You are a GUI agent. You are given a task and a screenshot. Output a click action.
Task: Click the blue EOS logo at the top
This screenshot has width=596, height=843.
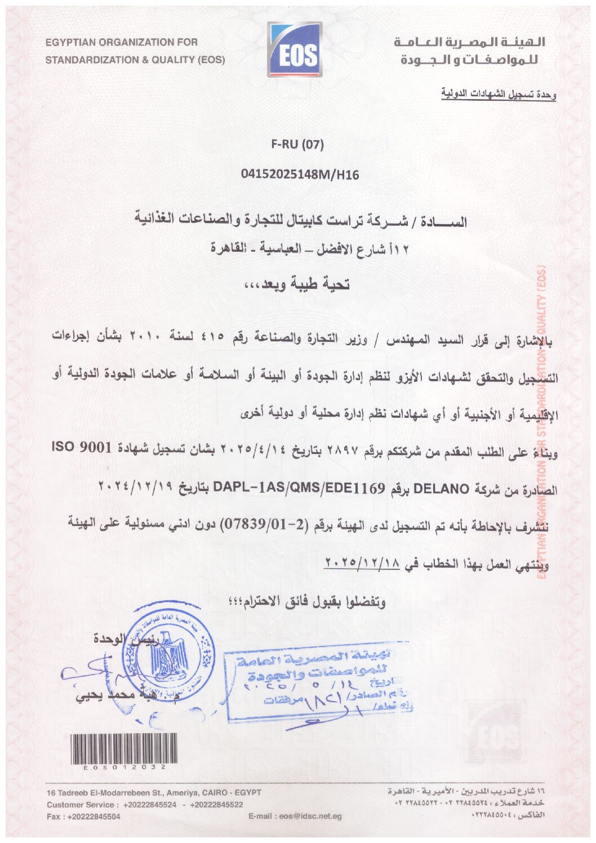294,50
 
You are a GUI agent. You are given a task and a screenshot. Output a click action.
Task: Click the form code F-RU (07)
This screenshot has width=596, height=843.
297,145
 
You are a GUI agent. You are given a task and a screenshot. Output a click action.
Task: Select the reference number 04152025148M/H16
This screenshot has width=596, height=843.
300,175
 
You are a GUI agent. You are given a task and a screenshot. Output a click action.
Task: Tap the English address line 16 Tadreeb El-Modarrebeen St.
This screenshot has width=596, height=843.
154,793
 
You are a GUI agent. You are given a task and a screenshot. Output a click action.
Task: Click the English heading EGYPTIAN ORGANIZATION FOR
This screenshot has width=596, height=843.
121,42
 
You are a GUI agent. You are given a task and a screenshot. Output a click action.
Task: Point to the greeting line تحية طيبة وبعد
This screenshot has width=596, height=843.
296,285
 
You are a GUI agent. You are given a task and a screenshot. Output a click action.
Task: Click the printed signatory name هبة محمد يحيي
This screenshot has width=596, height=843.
118,696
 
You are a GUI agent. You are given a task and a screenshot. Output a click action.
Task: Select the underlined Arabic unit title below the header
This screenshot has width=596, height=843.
499,95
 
